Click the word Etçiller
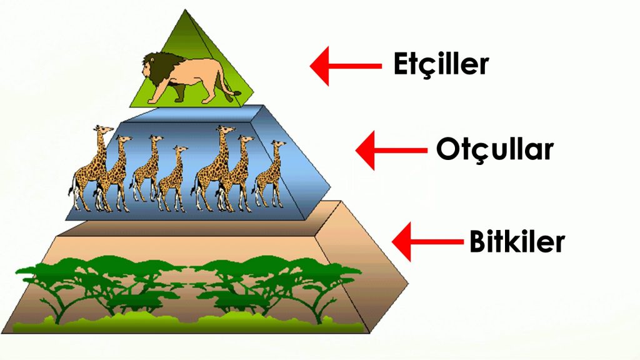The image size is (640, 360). pos(441,64)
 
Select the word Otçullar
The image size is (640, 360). pos(495,149)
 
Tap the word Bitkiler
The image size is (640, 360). pos(517,241)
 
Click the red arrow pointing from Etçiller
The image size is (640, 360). pos(346,66)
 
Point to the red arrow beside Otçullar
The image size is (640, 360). pos(391,150)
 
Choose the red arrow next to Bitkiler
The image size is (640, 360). pos(427,242)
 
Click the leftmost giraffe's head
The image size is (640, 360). pos(104,129)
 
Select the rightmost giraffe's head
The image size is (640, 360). pos(278,144)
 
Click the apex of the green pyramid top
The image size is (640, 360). pos(185,10)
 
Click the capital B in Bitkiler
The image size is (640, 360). pos(477,242)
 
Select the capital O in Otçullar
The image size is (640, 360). pos(447,149)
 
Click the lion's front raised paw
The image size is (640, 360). pos(152,99)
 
